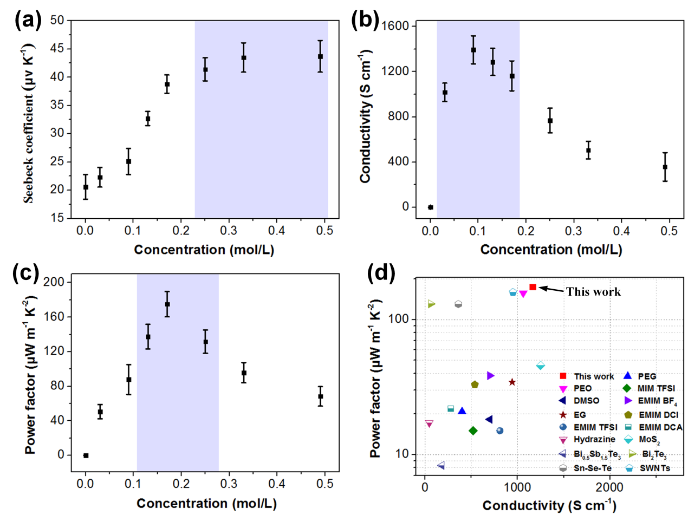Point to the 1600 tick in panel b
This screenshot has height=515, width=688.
pos(394,26)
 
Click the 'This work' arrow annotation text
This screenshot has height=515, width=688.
pos(593,291)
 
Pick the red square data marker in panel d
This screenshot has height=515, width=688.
pos(533,287)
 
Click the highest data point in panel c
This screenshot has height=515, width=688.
pos(167,304)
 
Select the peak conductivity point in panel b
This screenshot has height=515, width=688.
pos(473,50)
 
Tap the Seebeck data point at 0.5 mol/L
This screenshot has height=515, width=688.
pos(320,56)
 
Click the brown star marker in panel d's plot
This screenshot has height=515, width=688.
pos(512,382)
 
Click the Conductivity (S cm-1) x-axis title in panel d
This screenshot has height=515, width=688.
pos(549,506)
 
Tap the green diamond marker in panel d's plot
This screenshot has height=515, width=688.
pos(473,431)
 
